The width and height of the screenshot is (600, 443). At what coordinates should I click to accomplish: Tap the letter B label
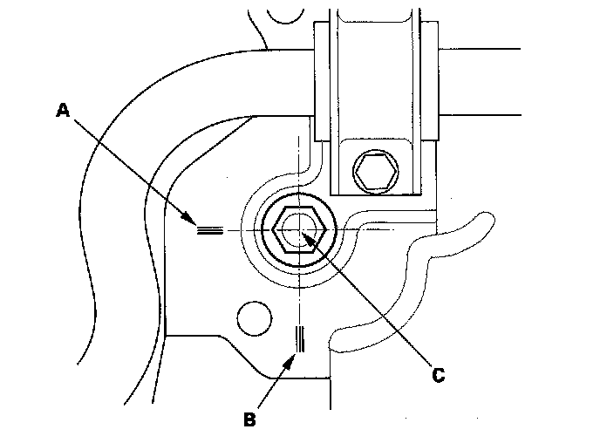249,420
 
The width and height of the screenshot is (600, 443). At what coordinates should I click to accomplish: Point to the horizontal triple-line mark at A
209,230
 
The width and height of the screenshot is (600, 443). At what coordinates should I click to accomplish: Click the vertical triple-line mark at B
300,338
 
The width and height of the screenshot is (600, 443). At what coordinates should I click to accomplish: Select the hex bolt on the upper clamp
373,171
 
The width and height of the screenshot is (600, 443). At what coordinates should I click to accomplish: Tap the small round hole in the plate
254,318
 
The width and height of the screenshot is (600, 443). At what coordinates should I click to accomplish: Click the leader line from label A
131,166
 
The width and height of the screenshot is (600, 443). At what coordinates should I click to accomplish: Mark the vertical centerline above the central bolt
299,166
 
